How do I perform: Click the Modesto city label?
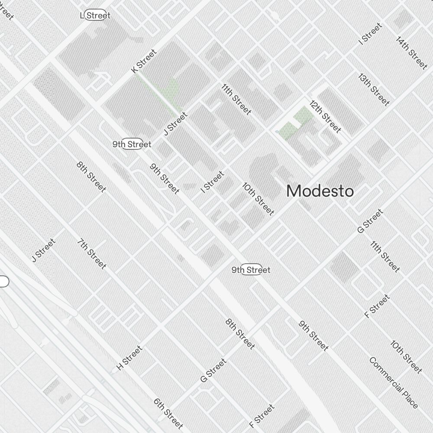pos(320,191)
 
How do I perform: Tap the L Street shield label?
pos(96,16)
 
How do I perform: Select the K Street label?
pos(144,61)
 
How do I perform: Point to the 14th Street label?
pos(412,52)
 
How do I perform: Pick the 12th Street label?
pos(326,116)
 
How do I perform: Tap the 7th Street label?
pos(92,253)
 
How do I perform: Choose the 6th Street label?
pos(168,413)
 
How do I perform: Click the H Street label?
pos(129,358)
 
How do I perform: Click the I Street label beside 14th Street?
pos(371,33)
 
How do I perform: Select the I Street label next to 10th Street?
pos(213,182)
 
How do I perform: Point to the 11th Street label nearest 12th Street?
pos(236,99)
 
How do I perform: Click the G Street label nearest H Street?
pos(213,370)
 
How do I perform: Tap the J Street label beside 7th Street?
pos(44,250)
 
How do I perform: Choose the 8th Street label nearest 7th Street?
pos(91,177)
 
